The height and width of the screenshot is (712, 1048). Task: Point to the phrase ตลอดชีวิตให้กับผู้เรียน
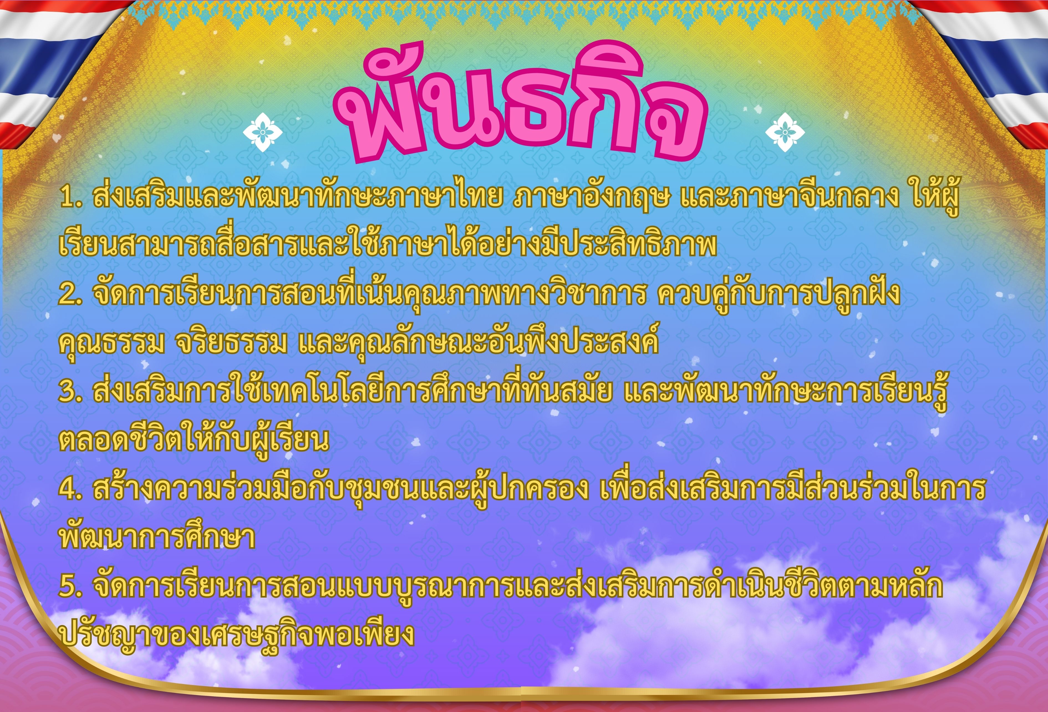pos(194,440)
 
